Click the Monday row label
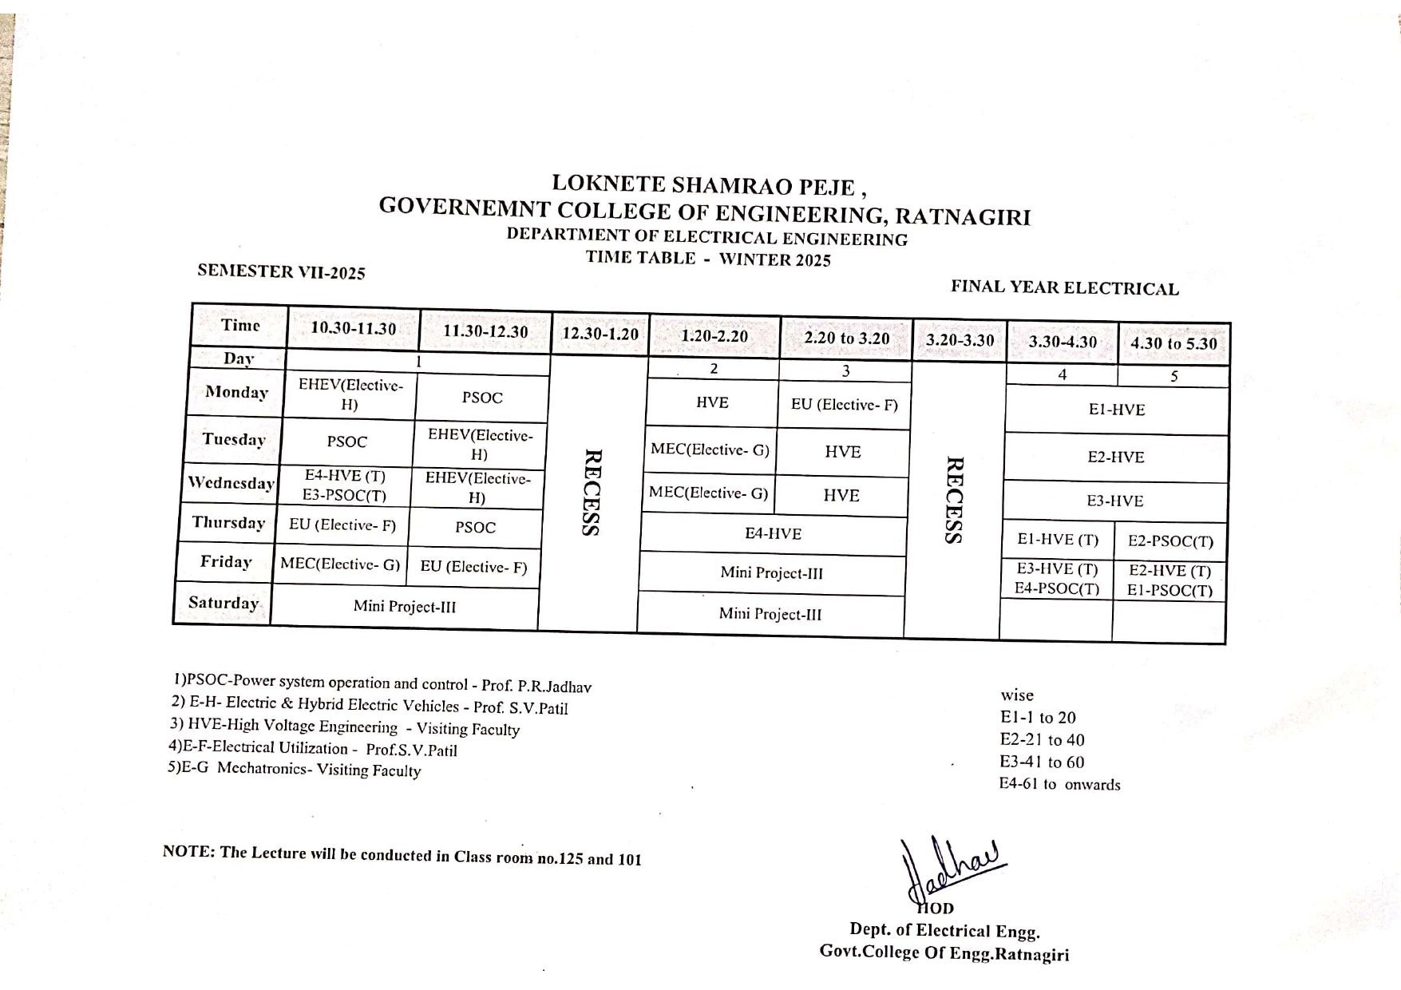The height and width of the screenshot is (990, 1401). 236,392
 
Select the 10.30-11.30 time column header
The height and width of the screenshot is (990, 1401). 353,328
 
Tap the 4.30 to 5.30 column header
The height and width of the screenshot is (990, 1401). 1173,343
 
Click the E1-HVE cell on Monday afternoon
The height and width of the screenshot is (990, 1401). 1116,410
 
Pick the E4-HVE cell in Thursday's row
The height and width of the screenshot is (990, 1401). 773,533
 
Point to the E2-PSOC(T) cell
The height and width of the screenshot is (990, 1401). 1170,541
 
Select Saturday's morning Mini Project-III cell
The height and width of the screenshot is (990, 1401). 405,607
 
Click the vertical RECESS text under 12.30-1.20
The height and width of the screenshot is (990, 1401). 592,493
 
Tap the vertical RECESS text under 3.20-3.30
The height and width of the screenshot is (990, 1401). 953,501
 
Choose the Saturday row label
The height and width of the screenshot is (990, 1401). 224,603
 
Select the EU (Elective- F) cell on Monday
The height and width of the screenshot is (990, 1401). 844,405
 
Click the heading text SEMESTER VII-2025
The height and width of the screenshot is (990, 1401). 281,271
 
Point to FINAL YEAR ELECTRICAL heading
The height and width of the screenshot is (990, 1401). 1064,288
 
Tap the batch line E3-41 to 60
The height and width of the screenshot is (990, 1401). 1042,762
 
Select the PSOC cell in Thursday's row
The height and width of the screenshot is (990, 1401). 475,528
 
